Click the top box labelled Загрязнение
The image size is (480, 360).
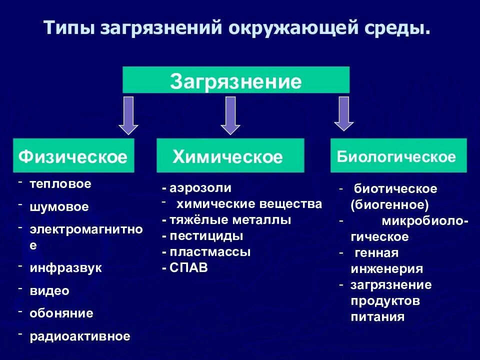(x=236, y=80)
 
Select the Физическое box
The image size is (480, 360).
(x=73, y=156)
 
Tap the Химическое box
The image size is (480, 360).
(x=230, y=156)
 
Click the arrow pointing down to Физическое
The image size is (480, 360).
(x=128, y=115)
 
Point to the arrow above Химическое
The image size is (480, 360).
(x=230, y=115)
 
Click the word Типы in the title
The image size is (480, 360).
(x=69, y=28)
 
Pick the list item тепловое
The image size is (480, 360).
(x=60, y=184)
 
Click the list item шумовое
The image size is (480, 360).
(x=59, y=207)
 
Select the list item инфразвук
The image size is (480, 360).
(x=65, y=267)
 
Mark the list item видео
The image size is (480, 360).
(x=49, y=290)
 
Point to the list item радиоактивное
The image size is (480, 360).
(x=80, y=336)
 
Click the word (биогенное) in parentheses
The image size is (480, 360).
(x=389, y=205)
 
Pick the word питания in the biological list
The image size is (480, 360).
(x=377, y=317)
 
